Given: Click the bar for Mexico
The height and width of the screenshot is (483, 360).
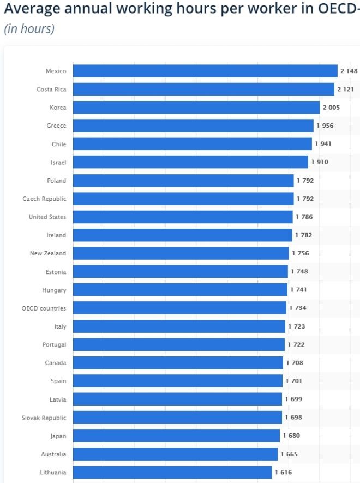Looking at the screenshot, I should tap(205, 71).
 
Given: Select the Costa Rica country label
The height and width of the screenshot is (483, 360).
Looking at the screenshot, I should tap(51, 90).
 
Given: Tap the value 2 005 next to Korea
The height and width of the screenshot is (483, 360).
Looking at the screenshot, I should tap(331, 108).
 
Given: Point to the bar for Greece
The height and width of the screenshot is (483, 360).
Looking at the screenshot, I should tap(193, 126).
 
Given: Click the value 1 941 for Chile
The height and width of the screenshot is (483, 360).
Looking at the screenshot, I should tap(323, 144).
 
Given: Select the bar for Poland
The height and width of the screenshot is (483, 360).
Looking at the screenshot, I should tap(183, 181).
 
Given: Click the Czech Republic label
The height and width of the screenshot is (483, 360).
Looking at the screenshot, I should tap(44, 199).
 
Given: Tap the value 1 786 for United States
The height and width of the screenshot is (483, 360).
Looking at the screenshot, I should tap(304, 217).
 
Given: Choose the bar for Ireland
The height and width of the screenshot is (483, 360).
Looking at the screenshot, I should tap(182, 235).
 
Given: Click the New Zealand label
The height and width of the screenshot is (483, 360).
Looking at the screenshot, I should tap(48, 253).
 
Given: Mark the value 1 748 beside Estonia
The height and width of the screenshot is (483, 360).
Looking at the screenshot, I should tap(299, 272).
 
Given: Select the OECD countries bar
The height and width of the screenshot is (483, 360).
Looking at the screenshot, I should tap(179, 308).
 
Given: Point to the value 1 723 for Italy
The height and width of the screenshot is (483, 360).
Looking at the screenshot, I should tap(297, 326).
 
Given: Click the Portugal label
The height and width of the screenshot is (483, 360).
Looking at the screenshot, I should tap(54, 345).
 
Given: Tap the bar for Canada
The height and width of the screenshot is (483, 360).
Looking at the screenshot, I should tap(178, 363).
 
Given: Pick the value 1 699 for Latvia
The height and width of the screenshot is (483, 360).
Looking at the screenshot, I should tap(293, 399).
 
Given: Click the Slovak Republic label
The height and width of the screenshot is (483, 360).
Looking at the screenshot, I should tap(44, 418).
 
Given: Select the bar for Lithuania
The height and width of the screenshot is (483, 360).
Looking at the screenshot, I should tap(172, 472).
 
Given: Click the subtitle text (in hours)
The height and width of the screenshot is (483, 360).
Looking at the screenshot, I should tap(29, 29).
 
